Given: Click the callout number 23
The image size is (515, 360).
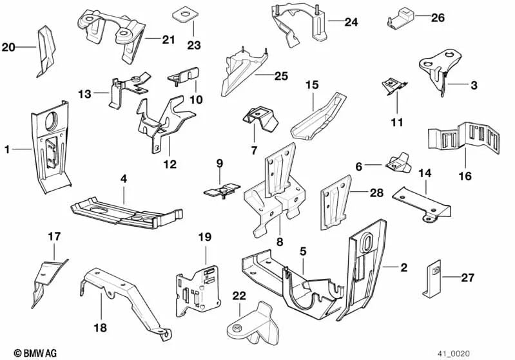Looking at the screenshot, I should [x=194, y=45].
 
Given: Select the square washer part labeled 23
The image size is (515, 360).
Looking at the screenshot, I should [x=184, y=14].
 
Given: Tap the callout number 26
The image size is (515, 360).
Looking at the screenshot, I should [x=438, y=17].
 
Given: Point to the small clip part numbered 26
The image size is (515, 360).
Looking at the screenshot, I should [x=402, y=17].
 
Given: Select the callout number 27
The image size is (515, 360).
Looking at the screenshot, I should [x=467, y=278].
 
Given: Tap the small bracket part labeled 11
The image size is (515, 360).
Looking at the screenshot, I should [x=393, y=86].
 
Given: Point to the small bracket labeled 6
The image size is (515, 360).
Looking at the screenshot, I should [x=398, y=164].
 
